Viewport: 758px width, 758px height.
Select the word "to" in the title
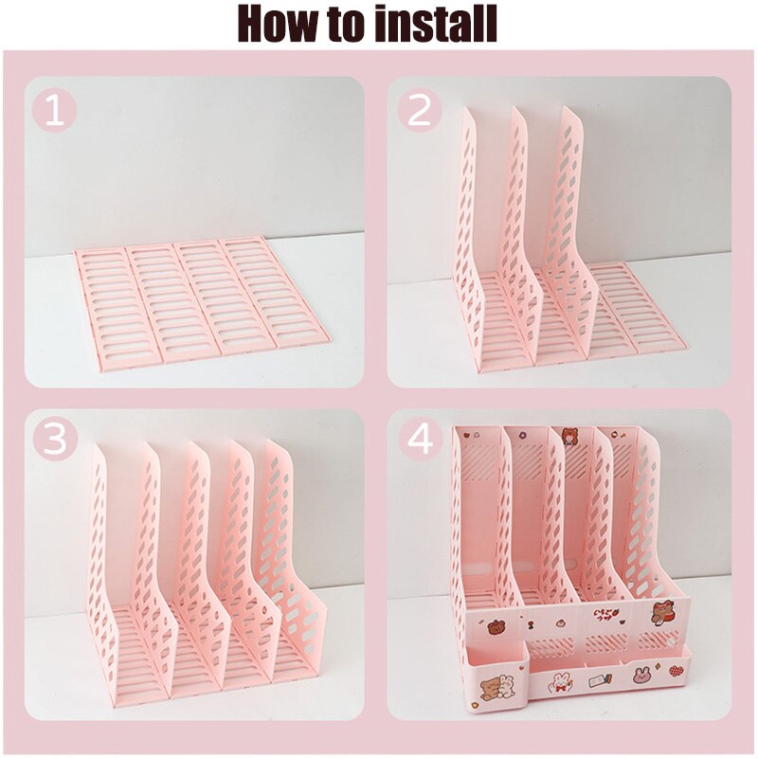click(345, 25)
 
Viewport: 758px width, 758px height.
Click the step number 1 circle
click(54, 113)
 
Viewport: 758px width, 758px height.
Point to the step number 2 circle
click(418, 113)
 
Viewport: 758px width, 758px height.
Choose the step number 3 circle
click(54, 440)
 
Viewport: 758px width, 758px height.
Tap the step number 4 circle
click(418, 440)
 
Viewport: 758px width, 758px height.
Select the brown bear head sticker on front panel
click(496, 626)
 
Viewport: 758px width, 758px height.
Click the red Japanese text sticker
click(603, 618)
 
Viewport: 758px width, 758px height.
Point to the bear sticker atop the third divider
click(570, 438)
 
